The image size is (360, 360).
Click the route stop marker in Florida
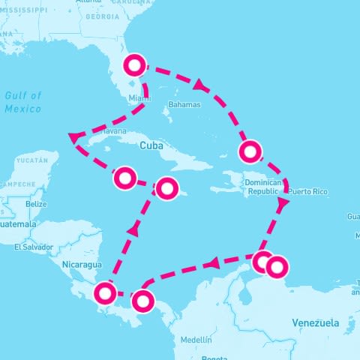click(x=133, y=66)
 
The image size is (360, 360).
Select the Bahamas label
click(x=184, y=105)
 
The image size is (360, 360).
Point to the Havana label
click(x=114, y=131)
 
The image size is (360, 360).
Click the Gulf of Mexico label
click(x=22, y=102)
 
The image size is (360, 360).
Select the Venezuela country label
click(x=315, y=322)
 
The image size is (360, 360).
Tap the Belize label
click(x=36, y=204)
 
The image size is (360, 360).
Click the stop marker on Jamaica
click(x=166, y=187)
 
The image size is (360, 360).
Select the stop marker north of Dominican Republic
click(x=250, y=151)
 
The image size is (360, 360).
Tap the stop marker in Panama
click(x=142, y=301)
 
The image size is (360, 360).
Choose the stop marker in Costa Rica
click(x=105, y=292)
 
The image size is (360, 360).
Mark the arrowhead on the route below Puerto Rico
click(x=283, y=202)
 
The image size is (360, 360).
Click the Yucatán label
click(x=31, y=160)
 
